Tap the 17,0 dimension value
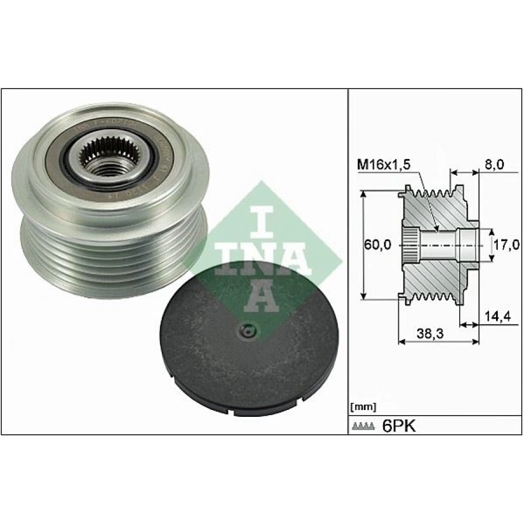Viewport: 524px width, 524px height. coord(505,245)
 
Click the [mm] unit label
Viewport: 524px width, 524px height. coord(363,406)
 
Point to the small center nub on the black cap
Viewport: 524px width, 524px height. coord(247,332)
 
